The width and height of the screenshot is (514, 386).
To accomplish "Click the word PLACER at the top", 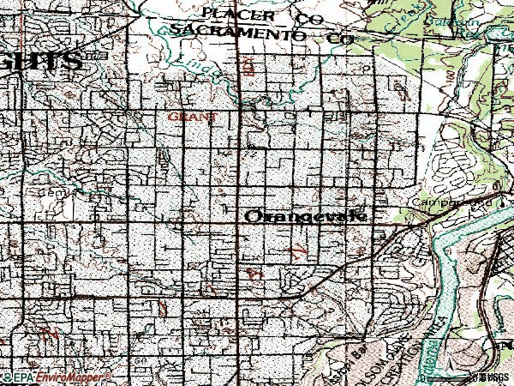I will pos(239,15).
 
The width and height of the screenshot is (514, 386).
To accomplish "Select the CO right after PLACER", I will pos(307,17).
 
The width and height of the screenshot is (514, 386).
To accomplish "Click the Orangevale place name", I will pos(306,217).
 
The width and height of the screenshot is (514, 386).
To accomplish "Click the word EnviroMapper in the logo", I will pos(79,377).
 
